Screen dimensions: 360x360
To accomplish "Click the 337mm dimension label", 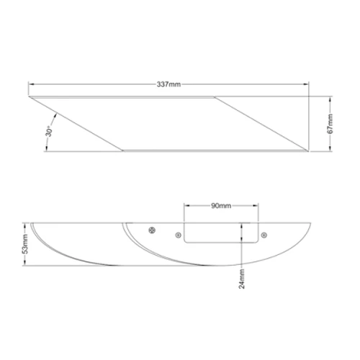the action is [168, 84].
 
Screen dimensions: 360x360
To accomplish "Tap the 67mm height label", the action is [330, 124].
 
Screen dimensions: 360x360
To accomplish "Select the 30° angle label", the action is [49, 131].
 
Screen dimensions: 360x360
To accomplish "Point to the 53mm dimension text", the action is [25, 244].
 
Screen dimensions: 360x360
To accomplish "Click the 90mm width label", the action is [221, 206].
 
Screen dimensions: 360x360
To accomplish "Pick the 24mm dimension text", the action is [242, 279].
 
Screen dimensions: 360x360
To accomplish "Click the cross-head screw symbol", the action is [152, 230].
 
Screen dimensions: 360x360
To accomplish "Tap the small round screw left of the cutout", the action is [178, 235].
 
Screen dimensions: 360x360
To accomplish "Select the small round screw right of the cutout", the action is [264, 235].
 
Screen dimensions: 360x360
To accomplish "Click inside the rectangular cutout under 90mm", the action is [221, 233].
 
